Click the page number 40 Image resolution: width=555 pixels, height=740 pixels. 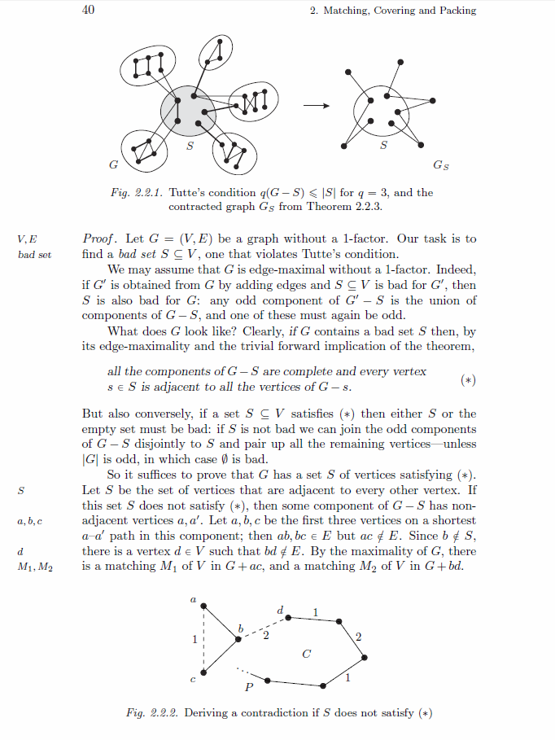[x=90, y=10]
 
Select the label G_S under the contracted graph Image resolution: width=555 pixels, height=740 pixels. [x=440, y=166]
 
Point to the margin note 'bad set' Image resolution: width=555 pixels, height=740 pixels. [x=34, y=255]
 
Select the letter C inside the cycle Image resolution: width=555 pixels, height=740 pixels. [x=306, y=654]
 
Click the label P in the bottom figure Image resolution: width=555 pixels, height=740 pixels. [x=249, y=688]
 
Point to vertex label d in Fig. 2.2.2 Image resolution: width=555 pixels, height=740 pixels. [x=280, y=609]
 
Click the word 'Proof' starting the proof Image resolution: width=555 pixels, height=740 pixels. [x=102, y=239]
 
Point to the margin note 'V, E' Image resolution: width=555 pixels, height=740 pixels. [x=26, y=239]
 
